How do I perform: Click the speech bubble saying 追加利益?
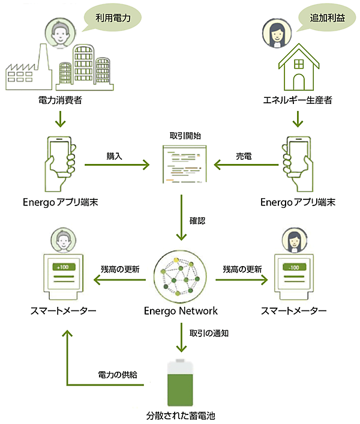click(x=322, y=18)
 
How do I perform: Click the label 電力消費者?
click(x=60, y=100)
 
